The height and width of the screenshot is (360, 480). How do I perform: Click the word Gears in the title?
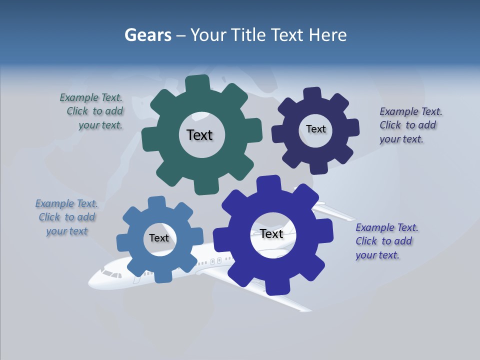148,35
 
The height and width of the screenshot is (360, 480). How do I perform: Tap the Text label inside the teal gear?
199,135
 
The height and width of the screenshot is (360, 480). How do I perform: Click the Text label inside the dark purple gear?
315,129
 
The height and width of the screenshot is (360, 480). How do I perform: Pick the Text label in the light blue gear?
159,238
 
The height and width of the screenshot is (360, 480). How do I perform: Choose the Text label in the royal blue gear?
271,233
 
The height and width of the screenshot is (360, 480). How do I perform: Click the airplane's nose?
91,282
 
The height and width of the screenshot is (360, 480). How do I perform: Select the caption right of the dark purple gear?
410,125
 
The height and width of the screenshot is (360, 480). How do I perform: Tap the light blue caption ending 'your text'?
66,217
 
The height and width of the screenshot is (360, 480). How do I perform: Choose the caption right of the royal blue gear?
386,241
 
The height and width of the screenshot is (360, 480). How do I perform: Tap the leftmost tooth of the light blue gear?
123,242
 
